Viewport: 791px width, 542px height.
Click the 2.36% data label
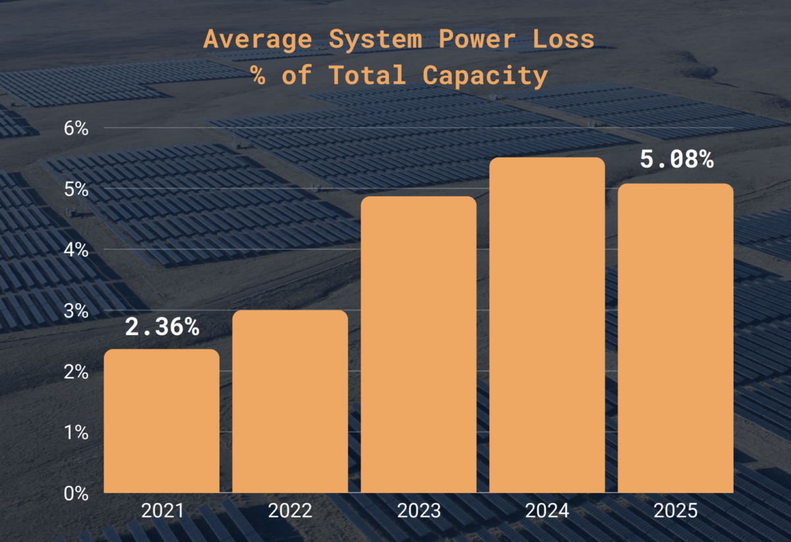(x=162, y=326)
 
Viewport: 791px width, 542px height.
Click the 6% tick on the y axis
(x=76, y=128)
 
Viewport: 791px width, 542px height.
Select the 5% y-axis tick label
(x=76, y=189)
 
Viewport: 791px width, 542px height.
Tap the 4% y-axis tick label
(x=76, y=250)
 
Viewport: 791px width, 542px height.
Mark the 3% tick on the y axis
(x=76, y=311)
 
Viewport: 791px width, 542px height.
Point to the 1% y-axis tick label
(x=76, y=433)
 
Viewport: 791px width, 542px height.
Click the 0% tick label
(x=76, y=493)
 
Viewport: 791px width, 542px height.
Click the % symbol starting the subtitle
(x=258, y=76)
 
